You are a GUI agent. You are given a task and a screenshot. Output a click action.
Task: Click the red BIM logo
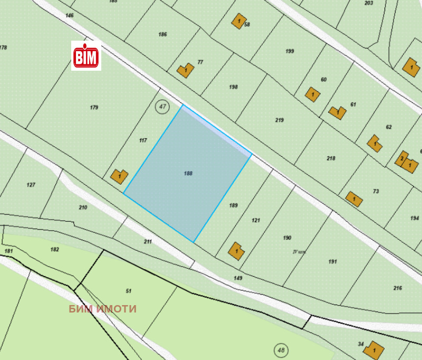[x=86, y=56]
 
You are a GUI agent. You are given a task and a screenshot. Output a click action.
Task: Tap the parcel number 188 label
[x=188, y=173]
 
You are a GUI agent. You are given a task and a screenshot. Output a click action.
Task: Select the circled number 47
[x=162, y=107]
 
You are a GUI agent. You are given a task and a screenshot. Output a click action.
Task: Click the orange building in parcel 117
[x=119, y=176]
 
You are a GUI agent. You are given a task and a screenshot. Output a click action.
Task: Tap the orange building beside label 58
[x=239, y=22]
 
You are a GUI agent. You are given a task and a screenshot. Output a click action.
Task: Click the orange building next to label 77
[x=184, y=70]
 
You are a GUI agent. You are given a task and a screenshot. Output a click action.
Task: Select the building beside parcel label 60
[x=312, y=95]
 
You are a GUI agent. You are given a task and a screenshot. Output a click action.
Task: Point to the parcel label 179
[x=94, y=108]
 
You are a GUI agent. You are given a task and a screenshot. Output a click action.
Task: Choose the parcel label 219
[x=280, y=120]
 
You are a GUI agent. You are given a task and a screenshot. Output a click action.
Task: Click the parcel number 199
[x=290, y=51]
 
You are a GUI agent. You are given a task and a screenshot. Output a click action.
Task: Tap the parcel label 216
[x=398, y=288]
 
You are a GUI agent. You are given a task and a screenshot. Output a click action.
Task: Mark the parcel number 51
[x=128, y=291]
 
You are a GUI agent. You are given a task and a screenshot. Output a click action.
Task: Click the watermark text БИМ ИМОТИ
[x=103, y=309]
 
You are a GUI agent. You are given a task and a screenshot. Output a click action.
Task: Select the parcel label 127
[x=31, y=185]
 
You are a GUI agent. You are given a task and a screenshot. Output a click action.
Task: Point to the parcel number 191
[x=332, y=262]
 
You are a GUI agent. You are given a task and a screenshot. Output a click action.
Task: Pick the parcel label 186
[x=162, y=34]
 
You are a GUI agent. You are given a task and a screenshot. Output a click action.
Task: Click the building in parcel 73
[x=353, y=198]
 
